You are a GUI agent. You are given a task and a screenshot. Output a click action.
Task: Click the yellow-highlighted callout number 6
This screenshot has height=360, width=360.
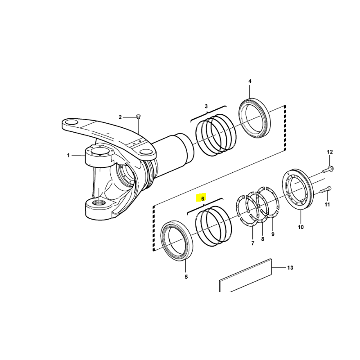tap(202, 198)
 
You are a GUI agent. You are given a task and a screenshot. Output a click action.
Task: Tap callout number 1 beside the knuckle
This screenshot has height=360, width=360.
tap(68, 156)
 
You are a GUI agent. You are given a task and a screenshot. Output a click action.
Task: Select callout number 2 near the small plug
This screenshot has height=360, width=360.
tap(120, 117)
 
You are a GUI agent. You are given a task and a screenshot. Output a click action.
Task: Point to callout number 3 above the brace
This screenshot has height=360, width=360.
tap(206, 106)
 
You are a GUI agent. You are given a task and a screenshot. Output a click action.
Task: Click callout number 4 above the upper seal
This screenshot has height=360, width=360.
tap(250, 81)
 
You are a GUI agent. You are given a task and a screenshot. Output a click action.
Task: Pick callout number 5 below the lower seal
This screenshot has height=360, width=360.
tap(186, 277)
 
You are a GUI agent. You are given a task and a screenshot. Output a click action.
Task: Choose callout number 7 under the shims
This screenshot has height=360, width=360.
tap(253, 243)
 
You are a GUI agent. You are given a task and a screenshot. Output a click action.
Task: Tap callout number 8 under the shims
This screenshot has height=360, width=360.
tap(263, 239)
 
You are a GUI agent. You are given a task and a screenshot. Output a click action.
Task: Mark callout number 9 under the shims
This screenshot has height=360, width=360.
tap(273, 234)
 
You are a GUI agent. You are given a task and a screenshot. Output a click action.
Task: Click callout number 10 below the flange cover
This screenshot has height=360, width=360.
tap(301, 227)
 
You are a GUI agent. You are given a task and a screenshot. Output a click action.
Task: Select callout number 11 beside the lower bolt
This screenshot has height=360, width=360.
tap(327, 204)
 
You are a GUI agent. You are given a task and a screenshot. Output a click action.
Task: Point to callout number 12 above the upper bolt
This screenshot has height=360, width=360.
tap(330, 152)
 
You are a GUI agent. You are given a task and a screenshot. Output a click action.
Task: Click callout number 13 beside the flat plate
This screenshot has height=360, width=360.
tap(290, 268)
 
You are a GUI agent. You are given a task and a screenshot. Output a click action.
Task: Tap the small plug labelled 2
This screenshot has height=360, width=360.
tap(138, 117)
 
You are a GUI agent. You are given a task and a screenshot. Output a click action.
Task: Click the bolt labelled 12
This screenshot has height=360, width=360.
tap(328, 170)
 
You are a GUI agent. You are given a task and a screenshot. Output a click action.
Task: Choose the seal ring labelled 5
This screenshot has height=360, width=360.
tap(176, 240)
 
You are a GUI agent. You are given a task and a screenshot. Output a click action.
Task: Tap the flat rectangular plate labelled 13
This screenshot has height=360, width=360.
tap(245, 275)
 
